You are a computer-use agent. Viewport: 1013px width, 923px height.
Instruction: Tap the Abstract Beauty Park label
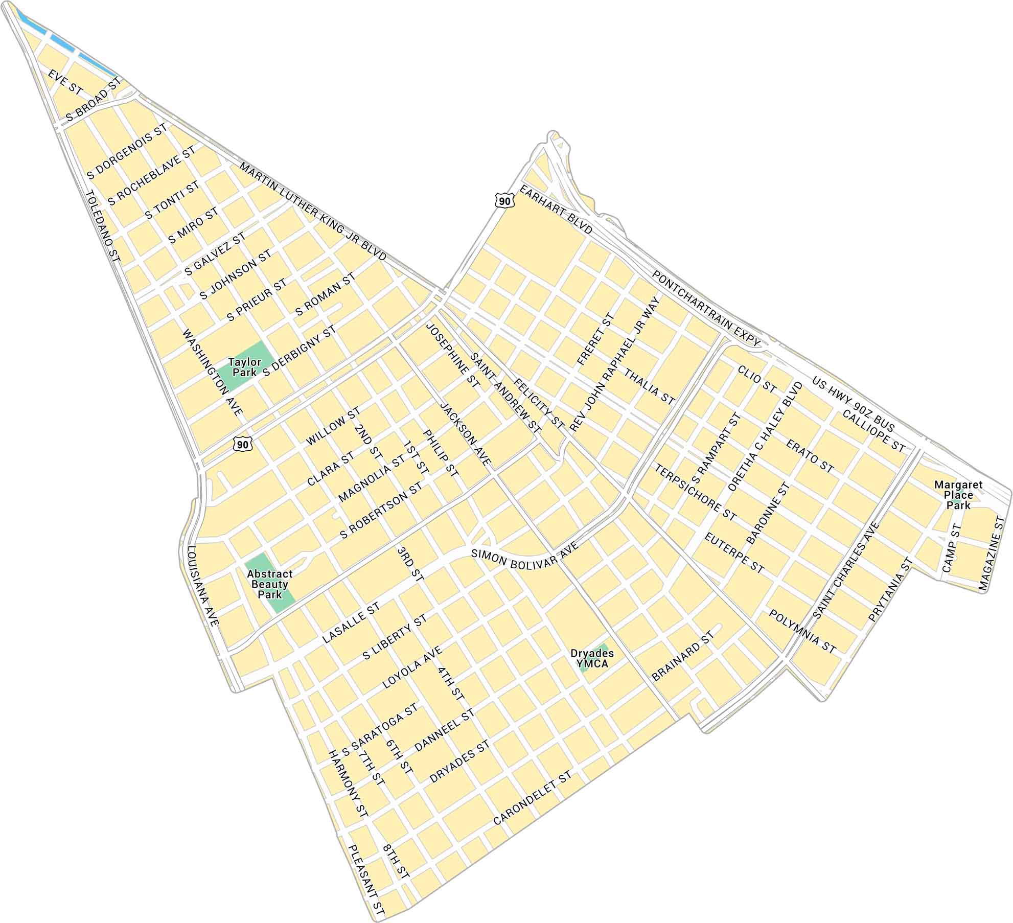(270, 584)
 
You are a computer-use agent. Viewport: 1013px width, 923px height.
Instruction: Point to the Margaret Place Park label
(958, 495)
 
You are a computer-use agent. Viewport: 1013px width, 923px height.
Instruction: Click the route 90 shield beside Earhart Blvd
(504, 201)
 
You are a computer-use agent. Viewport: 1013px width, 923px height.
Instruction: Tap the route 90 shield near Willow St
(243, 444)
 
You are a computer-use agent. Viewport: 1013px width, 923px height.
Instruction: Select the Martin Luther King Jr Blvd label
(313, 212)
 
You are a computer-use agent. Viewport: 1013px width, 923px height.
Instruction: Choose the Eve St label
(65, 82)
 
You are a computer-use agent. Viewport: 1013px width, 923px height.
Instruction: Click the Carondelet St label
(533, 799)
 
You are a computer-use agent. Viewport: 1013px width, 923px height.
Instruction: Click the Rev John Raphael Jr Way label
(614, 365)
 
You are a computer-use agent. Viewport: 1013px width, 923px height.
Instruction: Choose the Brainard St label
(683, 657)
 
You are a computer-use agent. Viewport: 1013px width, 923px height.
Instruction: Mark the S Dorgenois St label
(128, 151)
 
